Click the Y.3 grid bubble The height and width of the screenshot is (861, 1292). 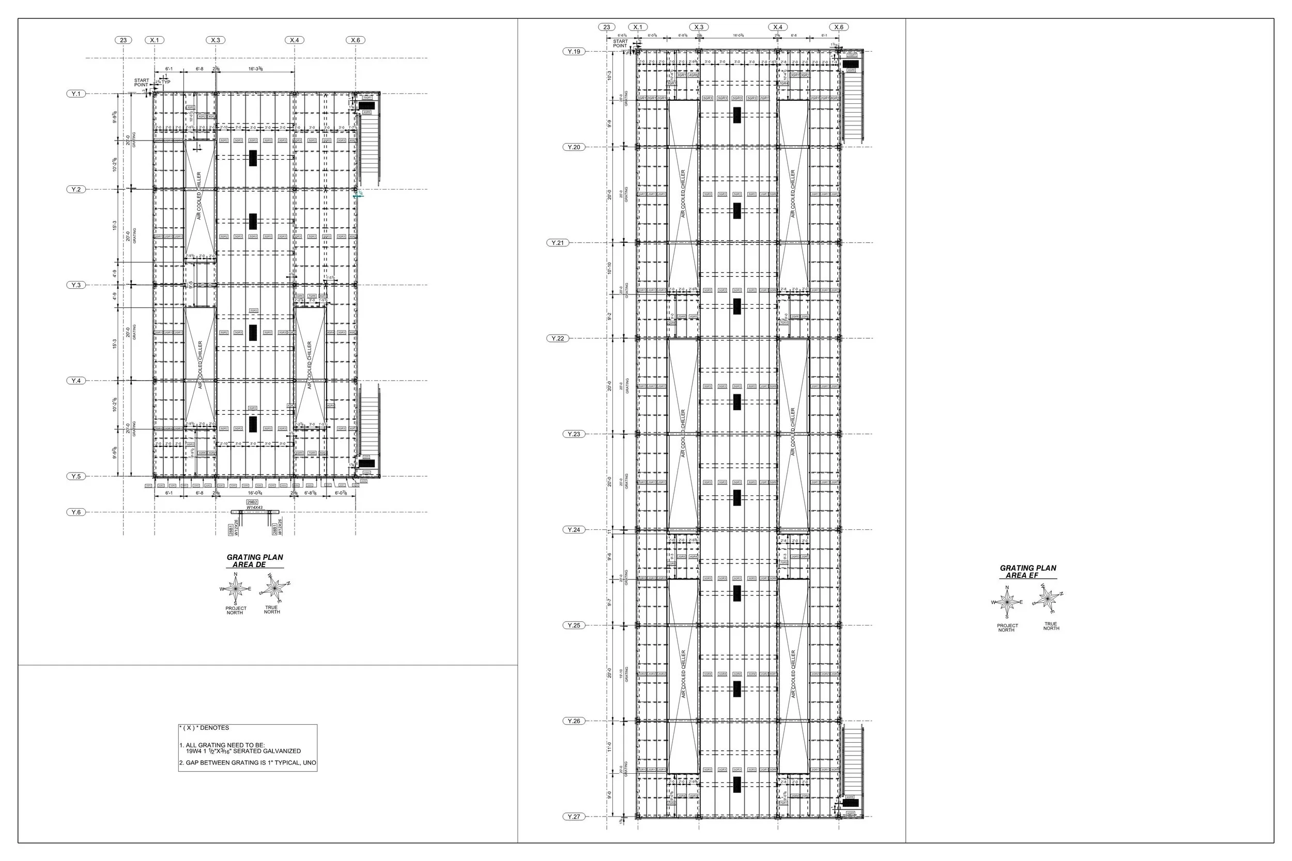(76, 285)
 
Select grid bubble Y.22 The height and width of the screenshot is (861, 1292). (558, 338)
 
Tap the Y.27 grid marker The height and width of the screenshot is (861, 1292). (574, 817)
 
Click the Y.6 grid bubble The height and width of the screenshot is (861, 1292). (76, 512)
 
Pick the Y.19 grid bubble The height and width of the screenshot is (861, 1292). (574, 52)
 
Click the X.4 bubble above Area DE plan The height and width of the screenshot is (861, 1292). (295, 40)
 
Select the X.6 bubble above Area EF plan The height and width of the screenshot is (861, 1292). (839, 27)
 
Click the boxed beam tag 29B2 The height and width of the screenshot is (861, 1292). (252, 503)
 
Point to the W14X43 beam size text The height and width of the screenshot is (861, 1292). (254, 508)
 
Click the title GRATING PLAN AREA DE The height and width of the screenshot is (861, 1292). (255, 560)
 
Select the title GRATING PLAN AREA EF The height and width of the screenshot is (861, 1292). (1028, 572)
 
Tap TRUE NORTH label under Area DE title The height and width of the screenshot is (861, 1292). (271, 609)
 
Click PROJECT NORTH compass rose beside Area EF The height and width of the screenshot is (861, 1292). (1007, 602)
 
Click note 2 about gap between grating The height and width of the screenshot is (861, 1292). (248, 763)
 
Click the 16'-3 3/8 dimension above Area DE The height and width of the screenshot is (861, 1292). (255, 69)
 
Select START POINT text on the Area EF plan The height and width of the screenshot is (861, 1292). (620, 43)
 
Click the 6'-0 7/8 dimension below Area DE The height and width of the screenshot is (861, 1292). (344, 493)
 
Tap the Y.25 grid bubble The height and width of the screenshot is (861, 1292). (574, 625)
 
